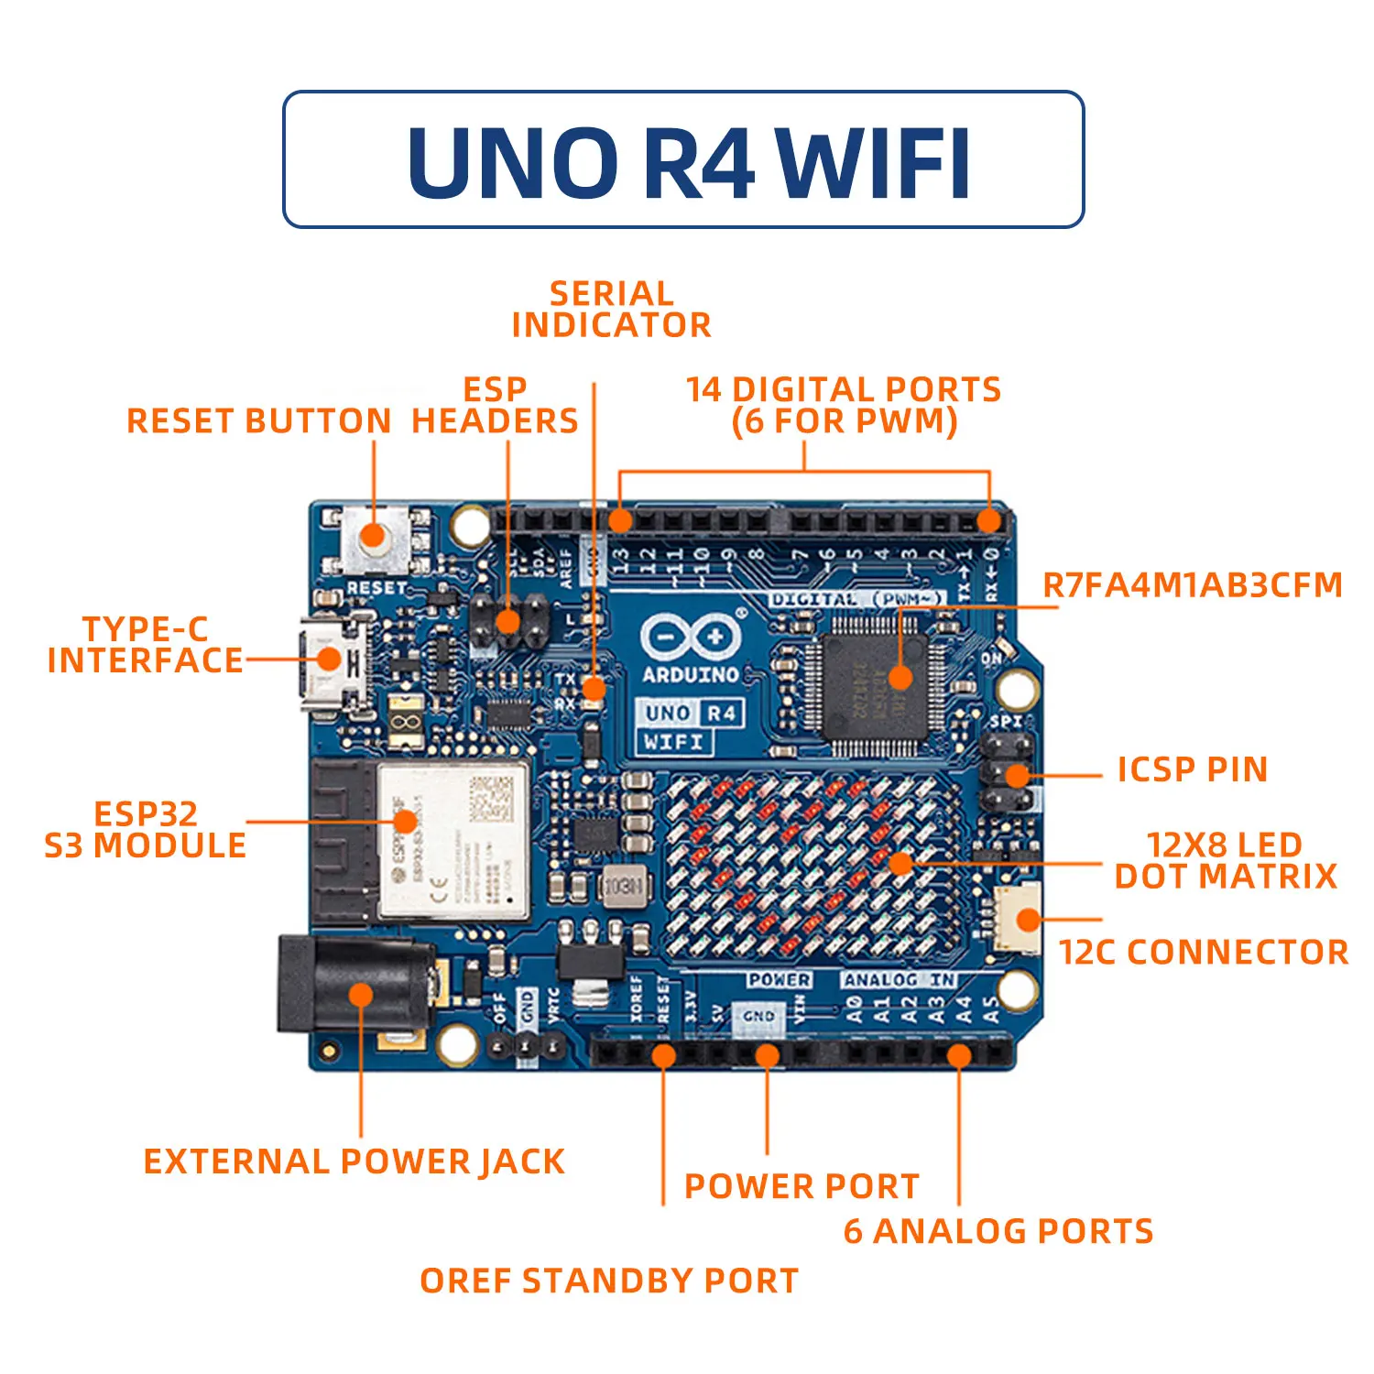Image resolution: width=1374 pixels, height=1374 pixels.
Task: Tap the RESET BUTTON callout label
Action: tap(259, 421)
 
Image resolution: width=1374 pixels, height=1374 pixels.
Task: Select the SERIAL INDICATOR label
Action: tap(611, 310)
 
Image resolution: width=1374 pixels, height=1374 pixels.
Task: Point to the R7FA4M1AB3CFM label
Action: tap(1193, 584)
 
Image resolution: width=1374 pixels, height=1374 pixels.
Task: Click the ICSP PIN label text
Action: tap(1193, 769)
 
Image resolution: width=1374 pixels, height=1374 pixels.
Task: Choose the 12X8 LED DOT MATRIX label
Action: tap(1226, 860)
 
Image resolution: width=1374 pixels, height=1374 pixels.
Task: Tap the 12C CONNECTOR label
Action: tap(1204, 953)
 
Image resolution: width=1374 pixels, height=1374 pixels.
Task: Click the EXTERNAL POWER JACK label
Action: tap(354, 1161)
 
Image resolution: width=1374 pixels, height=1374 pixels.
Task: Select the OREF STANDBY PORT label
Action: tap(609, 1281)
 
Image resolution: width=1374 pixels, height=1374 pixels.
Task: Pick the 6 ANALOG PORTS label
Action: tap(998, 1231)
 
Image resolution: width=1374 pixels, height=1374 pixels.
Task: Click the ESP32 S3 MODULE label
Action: tap(146, 830)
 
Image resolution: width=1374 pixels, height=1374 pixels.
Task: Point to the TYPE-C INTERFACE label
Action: tap(146, 645)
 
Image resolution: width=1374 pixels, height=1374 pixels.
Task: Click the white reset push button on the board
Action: tap(374, 537)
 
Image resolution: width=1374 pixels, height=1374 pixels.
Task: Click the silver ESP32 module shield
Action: tap(453, 841)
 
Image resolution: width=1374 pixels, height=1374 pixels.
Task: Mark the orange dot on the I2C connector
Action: tap(1028, 921)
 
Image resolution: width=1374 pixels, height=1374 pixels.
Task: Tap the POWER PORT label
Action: tap(801, 1186)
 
